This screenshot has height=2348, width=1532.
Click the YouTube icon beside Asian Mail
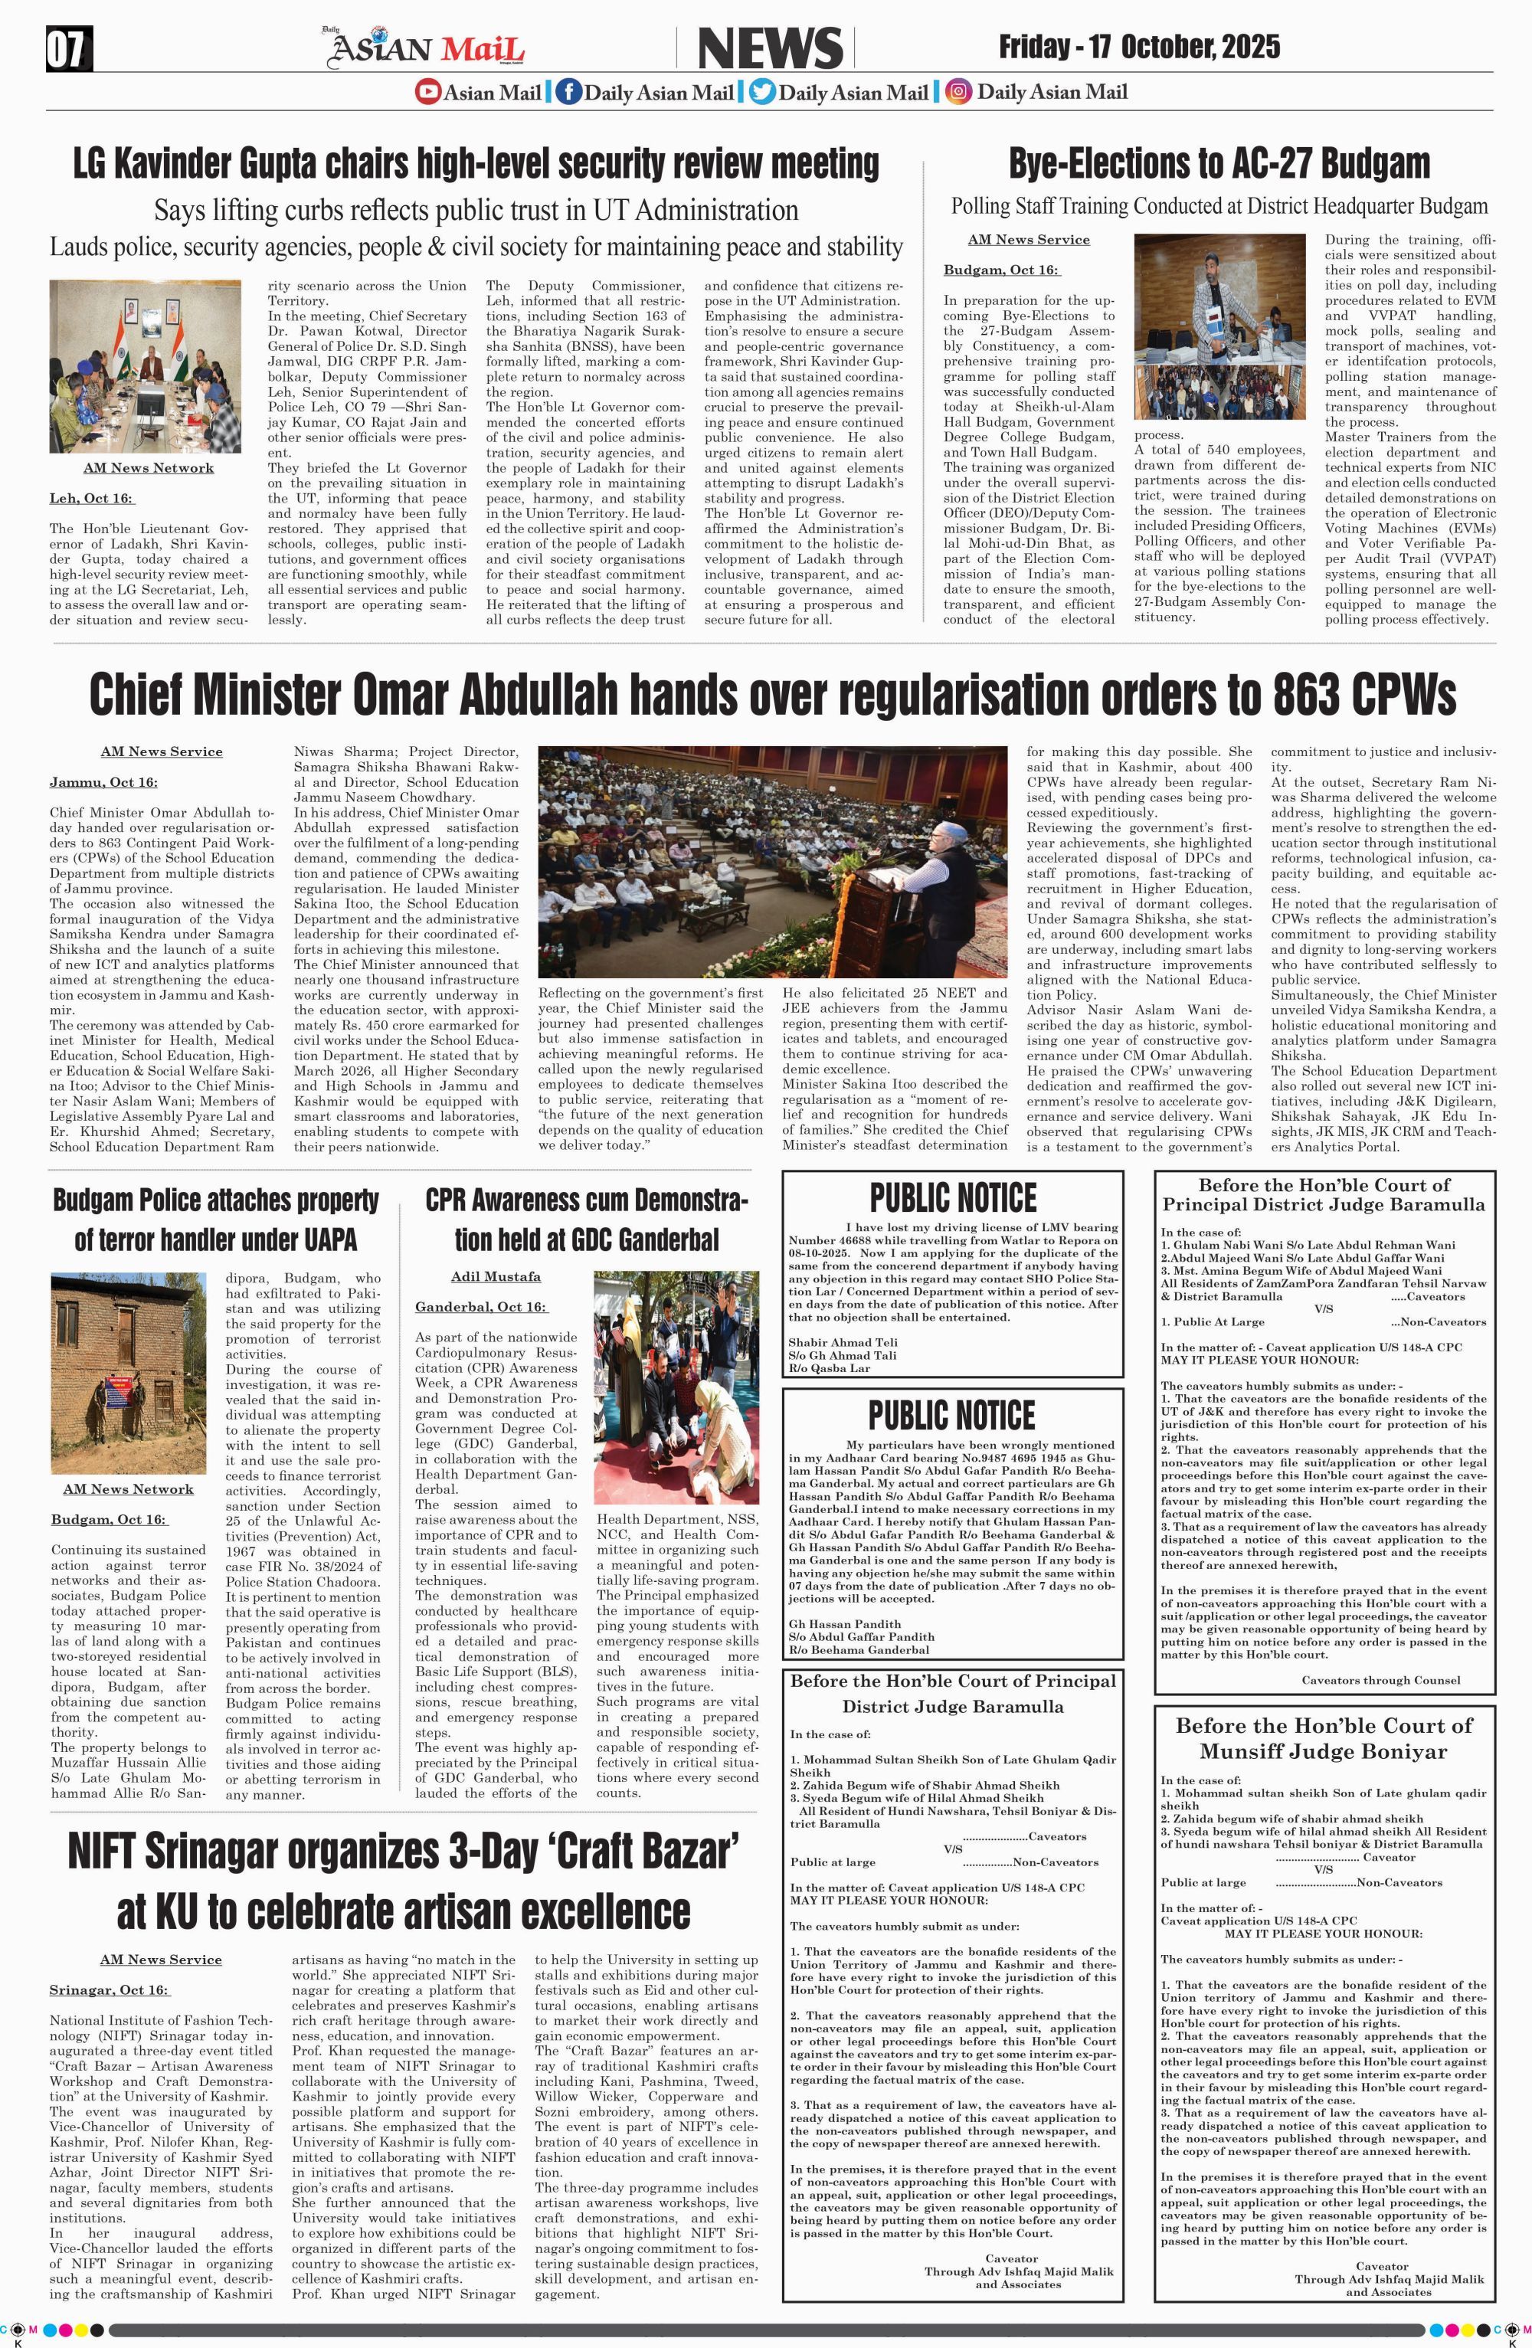pos(427,93)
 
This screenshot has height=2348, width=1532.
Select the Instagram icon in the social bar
pos(957,93)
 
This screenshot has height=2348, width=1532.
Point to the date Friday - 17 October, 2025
pos(1139,47)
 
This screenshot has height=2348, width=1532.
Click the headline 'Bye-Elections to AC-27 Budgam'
pos(1219,162)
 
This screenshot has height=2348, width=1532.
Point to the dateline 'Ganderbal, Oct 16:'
pos(480,1306)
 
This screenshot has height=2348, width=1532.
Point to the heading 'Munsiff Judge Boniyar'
pos(1323,1751)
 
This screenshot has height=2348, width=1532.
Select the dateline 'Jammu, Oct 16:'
pos(103,782)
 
